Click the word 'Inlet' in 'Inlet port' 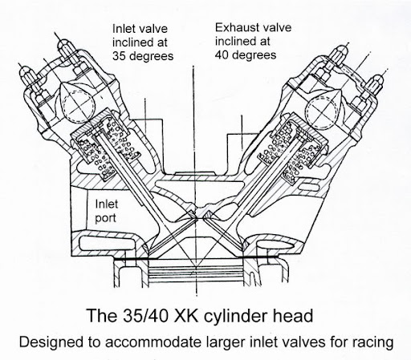pos(107,204)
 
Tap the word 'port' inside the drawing pos(106,219)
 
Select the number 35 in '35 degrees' pos(119,56)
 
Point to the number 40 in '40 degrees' pos(222,55)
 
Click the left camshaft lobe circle pos(79,105)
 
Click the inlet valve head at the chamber pos(171,235)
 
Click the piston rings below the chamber pos(196,273)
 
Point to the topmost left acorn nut pos(67,49)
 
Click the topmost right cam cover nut pos(339,55)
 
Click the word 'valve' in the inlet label pos(153,29)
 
